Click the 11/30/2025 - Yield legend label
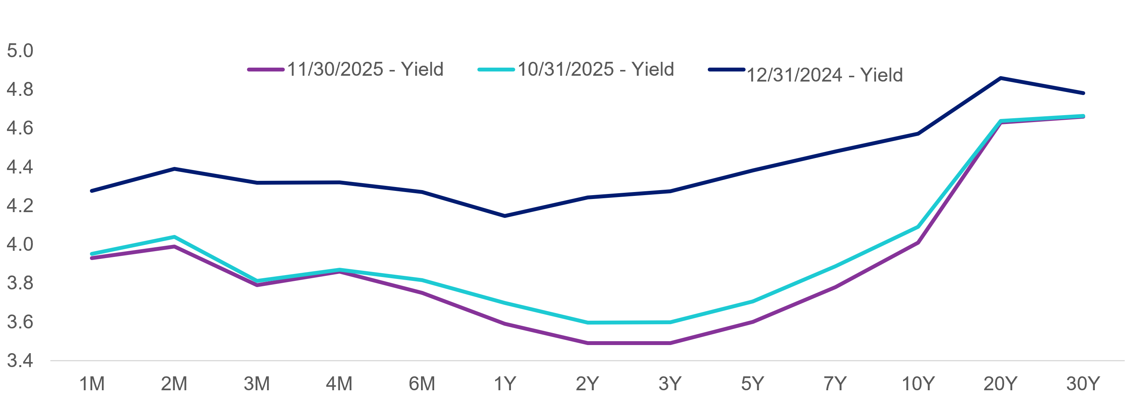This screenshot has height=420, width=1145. pos(365,70)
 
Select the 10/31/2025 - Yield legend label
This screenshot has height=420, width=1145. pos(595,70)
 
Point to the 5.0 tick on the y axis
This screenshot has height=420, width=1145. pos(20,51)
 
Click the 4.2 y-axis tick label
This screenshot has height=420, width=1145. pos(20,206)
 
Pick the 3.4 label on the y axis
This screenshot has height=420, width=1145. pos(20,360)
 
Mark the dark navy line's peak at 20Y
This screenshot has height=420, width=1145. pos(1000,78)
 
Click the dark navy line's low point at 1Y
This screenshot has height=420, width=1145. pos(504,216)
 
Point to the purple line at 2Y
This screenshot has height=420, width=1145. pos(587,343)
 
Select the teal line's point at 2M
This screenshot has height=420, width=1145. pos(174,237)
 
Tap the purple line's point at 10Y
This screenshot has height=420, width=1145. pos(918,243)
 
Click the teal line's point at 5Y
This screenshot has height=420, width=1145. pos(753,302)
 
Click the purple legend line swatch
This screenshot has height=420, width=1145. pos(266,70)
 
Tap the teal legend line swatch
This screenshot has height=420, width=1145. pos(496,70)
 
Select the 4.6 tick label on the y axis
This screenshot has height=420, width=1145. pos(20,128)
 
